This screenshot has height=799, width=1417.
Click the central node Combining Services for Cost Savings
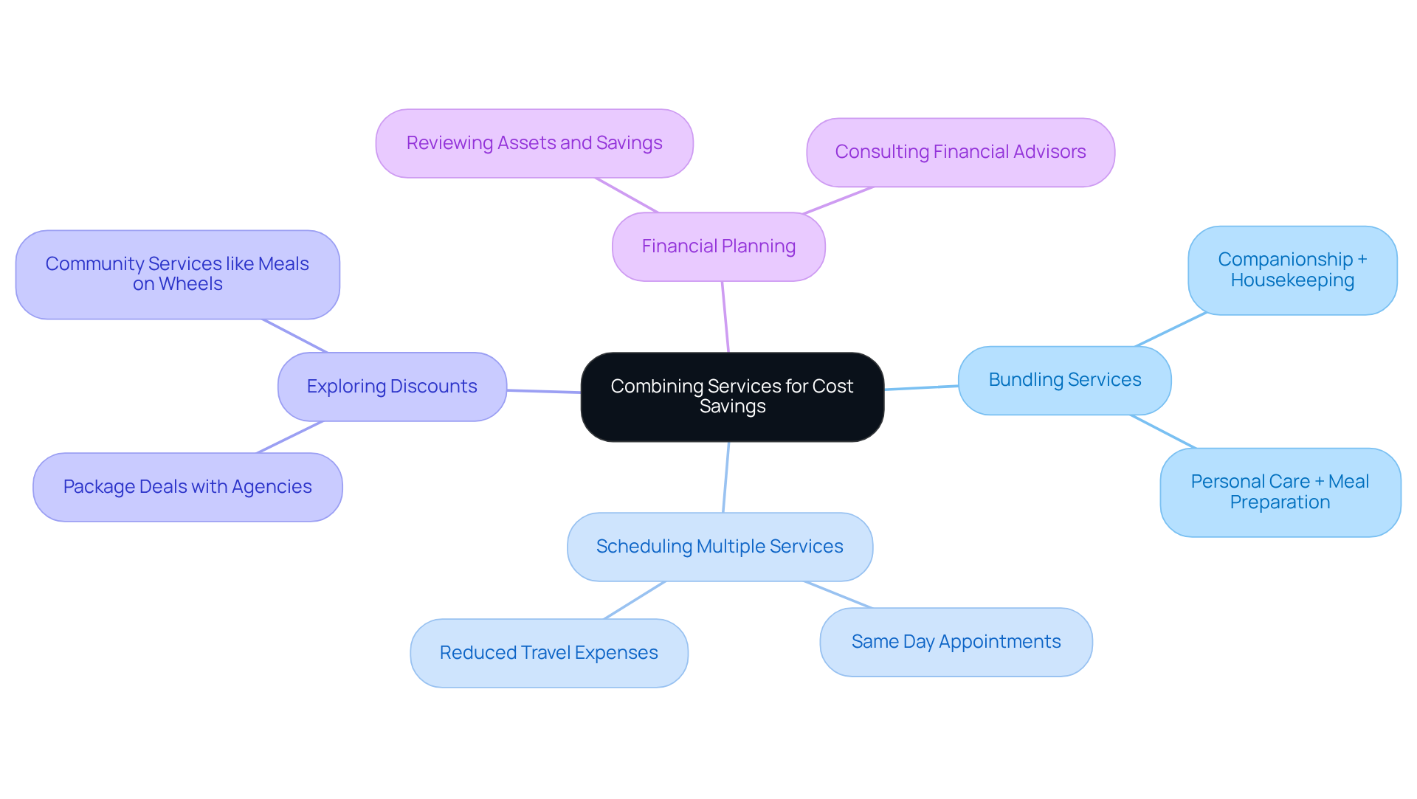pos(732,397)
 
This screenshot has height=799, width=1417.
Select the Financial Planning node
pos(718,246)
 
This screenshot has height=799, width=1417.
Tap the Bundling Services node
pos(1064,380)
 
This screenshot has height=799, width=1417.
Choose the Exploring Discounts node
pos(392,387)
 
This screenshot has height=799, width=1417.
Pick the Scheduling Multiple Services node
pos(720,547)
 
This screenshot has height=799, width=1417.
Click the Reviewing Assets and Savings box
pos(534,143)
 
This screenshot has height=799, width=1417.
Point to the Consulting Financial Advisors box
pos(960,152)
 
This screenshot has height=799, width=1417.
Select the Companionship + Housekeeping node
pos(1292,270)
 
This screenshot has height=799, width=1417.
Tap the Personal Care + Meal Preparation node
pos(1280,492)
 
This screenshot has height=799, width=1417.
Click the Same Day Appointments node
pos(956,642)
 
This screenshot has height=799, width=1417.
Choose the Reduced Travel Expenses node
pos(548,653)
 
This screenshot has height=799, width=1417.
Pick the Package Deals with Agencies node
pos(187,487)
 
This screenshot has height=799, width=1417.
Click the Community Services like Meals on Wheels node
pos(177,274)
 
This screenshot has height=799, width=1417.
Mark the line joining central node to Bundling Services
pos(921,387)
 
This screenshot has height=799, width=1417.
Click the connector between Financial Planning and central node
pos(725,317)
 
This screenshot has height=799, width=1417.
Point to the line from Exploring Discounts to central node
pos(544,391)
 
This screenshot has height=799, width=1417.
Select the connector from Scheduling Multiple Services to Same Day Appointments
pos(838,595)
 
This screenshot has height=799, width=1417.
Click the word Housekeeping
pos(1292,280)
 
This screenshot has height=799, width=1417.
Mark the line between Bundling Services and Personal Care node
pos(1163,432)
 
